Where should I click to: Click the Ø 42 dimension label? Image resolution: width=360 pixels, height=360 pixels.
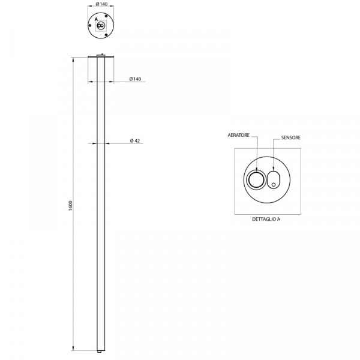tap(135, 141)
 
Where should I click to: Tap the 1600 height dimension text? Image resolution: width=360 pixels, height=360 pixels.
tap(70, 205)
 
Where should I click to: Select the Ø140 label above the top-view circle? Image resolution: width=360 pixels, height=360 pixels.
tap(101, 4)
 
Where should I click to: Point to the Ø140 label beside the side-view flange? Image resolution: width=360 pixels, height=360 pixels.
tap(135, 79)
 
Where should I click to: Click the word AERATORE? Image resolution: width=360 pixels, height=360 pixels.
tap(238, 135)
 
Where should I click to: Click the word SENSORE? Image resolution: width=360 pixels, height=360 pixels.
tap(290, 137)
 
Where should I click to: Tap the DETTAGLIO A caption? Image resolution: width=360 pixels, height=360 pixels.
tap(266, 219)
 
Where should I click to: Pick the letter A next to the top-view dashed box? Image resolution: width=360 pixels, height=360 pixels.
tap(96, 19)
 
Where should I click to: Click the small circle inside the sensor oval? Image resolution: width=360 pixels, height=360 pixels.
tap(274, 185)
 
